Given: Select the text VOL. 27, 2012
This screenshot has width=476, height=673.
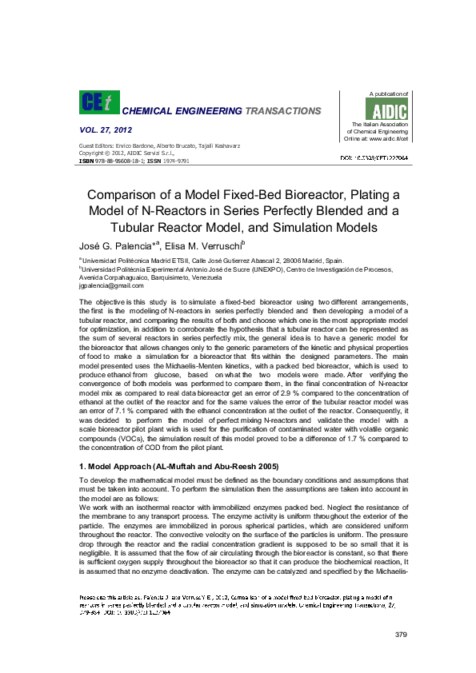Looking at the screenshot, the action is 106,129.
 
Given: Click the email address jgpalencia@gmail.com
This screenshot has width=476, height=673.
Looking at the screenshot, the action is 111,285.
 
